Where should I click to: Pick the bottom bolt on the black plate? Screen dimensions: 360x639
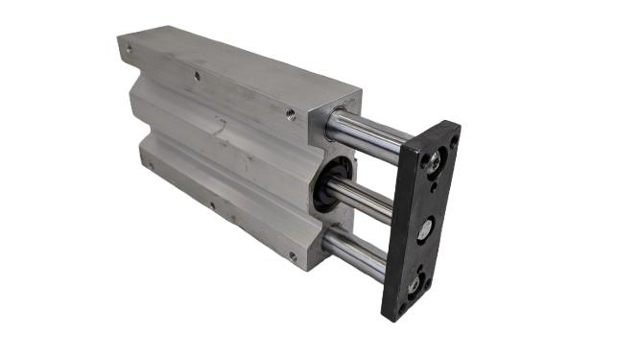[414, 284]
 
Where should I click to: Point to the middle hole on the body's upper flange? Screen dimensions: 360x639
[197, 75]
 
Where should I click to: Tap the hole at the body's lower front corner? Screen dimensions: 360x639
[292, 255]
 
